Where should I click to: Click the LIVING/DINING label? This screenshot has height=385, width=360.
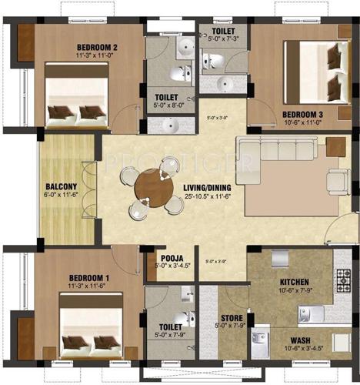click(x=206, y=186)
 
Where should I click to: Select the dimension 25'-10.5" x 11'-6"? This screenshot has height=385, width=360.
click(x=206, y=196)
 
